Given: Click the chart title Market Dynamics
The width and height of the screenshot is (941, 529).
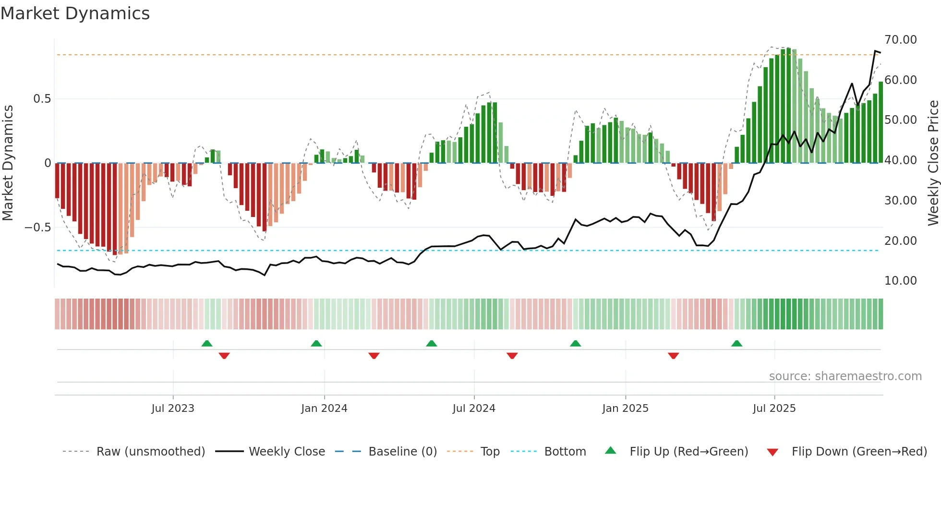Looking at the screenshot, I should pos(75,13).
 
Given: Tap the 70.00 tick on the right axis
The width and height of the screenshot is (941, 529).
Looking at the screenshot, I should pos(900,40).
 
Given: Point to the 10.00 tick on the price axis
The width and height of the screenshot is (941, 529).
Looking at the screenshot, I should pos(900,281).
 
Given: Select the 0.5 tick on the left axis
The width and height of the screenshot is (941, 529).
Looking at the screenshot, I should pos(42,99).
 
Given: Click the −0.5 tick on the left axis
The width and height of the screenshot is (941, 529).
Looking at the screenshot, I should pos(37,228).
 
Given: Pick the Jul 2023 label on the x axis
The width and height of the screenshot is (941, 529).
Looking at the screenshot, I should pos(173,409).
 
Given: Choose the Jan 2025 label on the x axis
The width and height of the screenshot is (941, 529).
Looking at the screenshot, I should pos(625,409).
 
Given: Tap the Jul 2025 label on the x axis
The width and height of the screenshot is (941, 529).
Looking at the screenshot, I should pos(774,409).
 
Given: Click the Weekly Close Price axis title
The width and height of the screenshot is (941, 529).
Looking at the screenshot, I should pos(933,163).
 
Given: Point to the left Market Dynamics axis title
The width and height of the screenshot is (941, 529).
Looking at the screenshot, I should pos(8,163).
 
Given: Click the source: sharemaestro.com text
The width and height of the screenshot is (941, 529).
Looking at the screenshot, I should pos(845,376).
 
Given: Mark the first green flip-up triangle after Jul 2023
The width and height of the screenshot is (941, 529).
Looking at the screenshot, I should pos(207,343).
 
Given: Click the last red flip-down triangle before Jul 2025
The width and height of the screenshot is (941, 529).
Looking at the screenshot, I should pos(673,356).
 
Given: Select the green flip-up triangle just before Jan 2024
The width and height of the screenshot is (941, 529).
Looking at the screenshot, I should pos(316,343).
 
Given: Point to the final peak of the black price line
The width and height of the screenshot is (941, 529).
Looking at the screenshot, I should pos(875,51).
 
